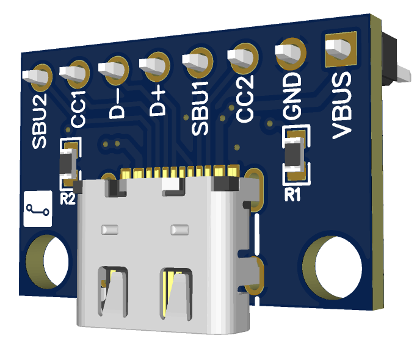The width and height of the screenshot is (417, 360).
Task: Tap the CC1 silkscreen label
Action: [x=78, y=110]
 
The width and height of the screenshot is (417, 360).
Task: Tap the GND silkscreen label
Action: [x=292, y=95]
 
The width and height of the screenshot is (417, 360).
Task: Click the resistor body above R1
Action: [x=295, y=155]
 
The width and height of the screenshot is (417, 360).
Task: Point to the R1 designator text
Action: [x=294, y=195]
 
